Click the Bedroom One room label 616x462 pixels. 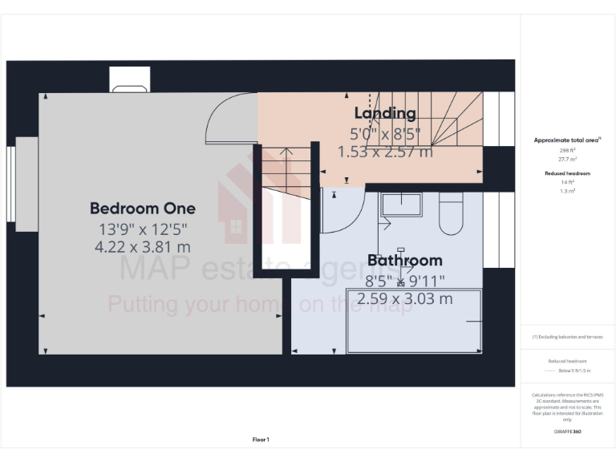click(x=142, y=209)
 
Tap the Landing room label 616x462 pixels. click(x=385, y=113)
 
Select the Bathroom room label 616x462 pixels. click(x=404, y=261)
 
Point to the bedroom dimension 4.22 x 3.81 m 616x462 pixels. click(x=142, y=247)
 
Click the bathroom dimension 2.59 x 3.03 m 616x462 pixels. click(x=404, y=299)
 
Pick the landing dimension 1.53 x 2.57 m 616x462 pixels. click(x=385, y=152)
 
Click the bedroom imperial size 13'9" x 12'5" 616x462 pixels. click(x=142, y=229)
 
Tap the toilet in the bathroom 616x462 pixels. click(x=451, y=213)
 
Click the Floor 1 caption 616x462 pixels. click(x=261, y=440)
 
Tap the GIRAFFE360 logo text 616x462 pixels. click(x=567, y=432)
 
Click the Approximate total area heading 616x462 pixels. click(x=567, y=140)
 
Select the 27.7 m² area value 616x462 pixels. click(x=567, y=159)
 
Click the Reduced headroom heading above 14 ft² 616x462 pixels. click(x=567, y=173)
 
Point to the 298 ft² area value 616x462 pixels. click(x=567, y=150)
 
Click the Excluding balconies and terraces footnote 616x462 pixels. click(x=567, y=337)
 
